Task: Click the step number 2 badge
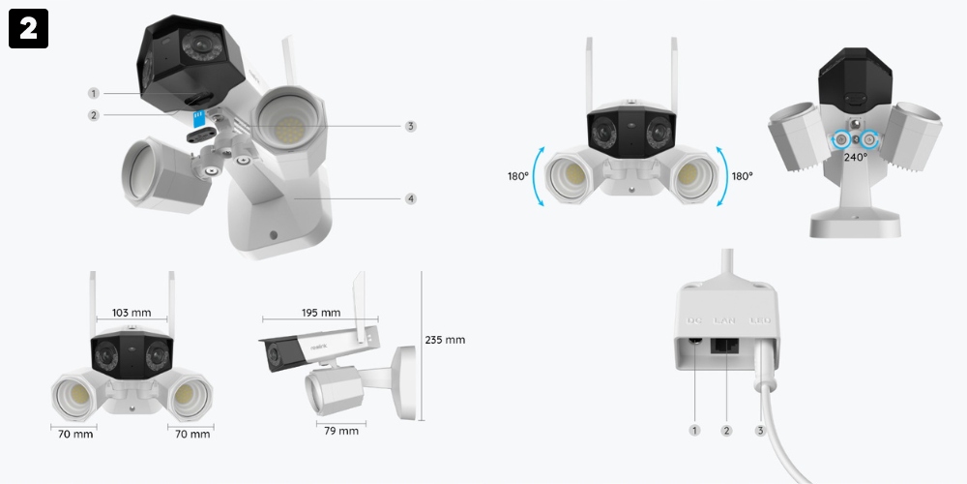point(28,29)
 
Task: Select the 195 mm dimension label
point(321,313)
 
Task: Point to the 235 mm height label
point(445,340)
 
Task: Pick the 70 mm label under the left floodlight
point(74,435)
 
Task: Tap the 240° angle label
point(855,157)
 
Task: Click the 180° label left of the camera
point(518,176)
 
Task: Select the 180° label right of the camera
point(742,176)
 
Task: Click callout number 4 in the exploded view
point(411,198)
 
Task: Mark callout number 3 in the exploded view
point(411,126)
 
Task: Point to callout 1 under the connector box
point(693,430)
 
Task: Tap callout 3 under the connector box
point(760,430)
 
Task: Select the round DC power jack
point(696,340)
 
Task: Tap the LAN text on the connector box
point(725,319)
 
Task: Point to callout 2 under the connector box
point(726,430)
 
